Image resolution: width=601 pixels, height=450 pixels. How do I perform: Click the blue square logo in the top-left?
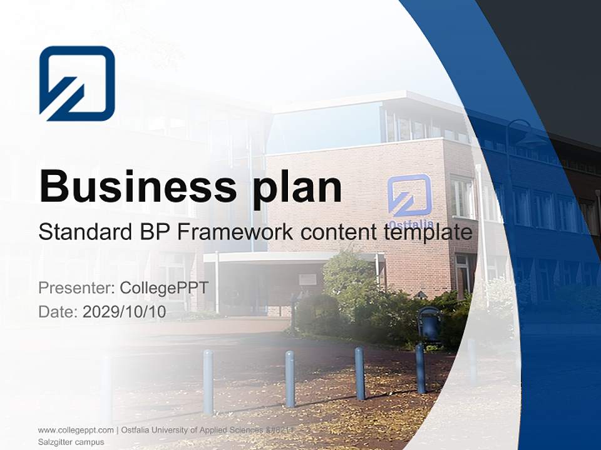77,83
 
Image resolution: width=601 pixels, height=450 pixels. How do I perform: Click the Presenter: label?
76,288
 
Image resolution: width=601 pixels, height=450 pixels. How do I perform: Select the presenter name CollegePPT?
163,288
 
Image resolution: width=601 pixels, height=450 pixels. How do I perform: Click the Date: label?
58,312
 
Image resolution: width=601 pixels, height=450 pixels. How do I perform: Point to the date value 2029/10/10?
125,312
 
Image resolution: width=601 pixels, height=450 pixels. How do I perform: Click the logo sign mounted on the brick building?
409,195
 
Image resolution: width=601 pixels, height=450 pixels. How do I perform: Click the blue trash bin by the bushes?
429,323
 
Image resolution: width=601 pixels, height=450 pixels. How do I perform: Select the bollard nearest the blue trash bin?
421,369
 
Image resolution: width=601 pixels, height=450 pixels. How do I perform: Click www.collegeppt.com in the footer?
76,430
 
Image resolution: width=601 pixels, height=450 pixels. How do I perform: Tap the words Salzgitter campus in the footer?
71,442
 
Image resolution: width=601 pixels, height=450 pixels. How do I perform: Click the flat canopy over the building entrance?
291,257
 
